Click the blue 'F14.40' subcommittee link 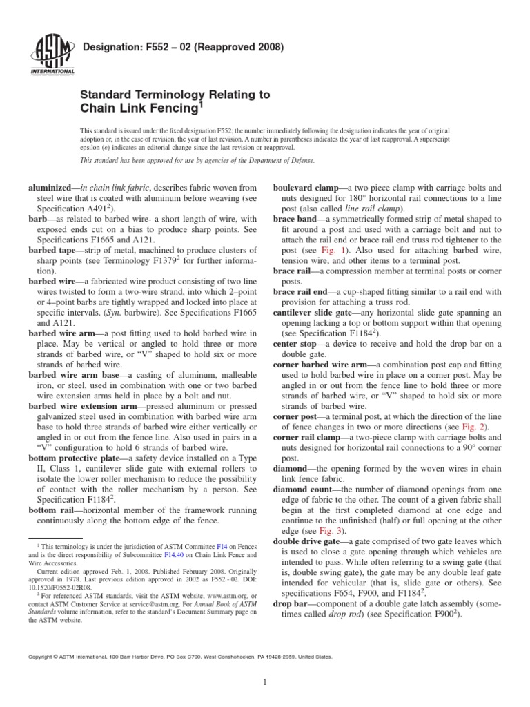coord(166,555)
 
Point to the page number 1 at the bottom coord(265,683)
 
